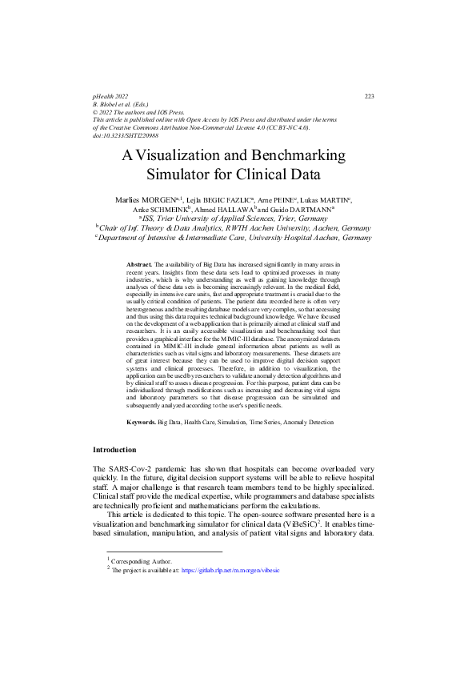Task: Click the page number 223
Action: point(369,96)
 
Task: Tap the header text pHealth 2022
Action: point(110,96)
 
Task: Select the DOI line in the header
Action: point(119,135)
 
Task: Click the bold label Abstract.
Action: point(140,263)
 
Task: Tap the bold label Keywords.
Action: point(142,420)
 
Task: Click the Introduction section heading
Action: point(114,450)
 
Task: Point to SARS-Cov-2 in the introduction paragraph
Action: point(130,468)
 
